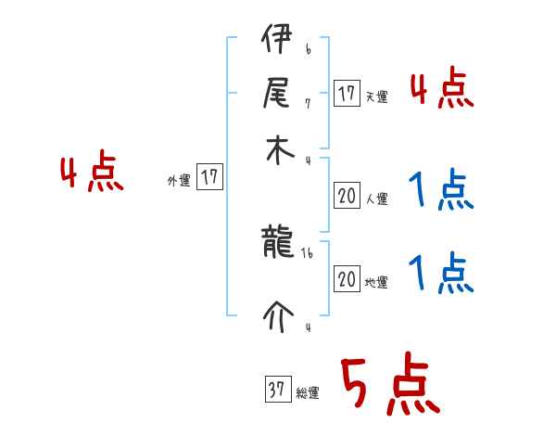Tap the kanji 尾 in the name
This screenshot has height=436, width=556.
[274, 95]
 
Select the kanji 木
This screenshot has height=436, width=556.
[274, 150]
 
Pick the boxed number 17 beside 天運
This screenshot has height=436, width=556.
[347, 94]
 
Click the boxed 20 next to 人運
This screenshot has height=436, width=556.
[347, 196]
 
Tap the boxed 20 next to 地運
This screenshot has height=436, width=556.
[347, 279]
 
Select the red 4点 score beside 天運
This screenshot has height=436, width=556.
[440, 91]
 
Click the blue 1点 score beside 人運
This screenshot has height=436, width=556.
[440, 191]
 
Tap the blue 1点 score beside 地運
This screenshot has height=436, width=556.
[440, 275]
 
